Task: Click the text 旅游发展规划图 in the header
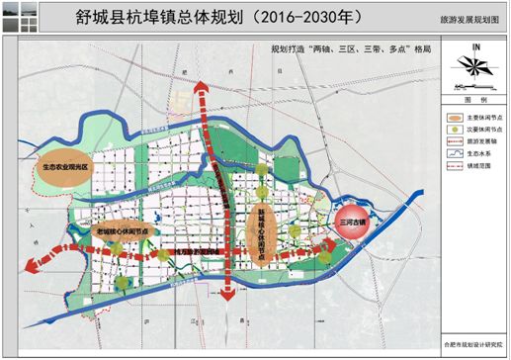468,20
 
